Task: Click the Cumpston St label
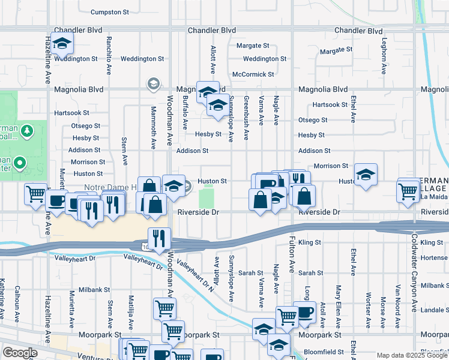point(110,12)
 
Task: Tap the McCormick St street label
point(253,74)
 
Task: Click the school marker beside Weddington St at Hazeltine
point(62,43)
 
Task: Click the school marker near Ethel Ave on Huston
point(366,175)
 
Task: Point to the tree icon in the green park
point(26,130)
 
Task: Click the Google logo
point(19,353)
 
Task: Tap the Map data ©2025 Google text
point(411,355)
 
